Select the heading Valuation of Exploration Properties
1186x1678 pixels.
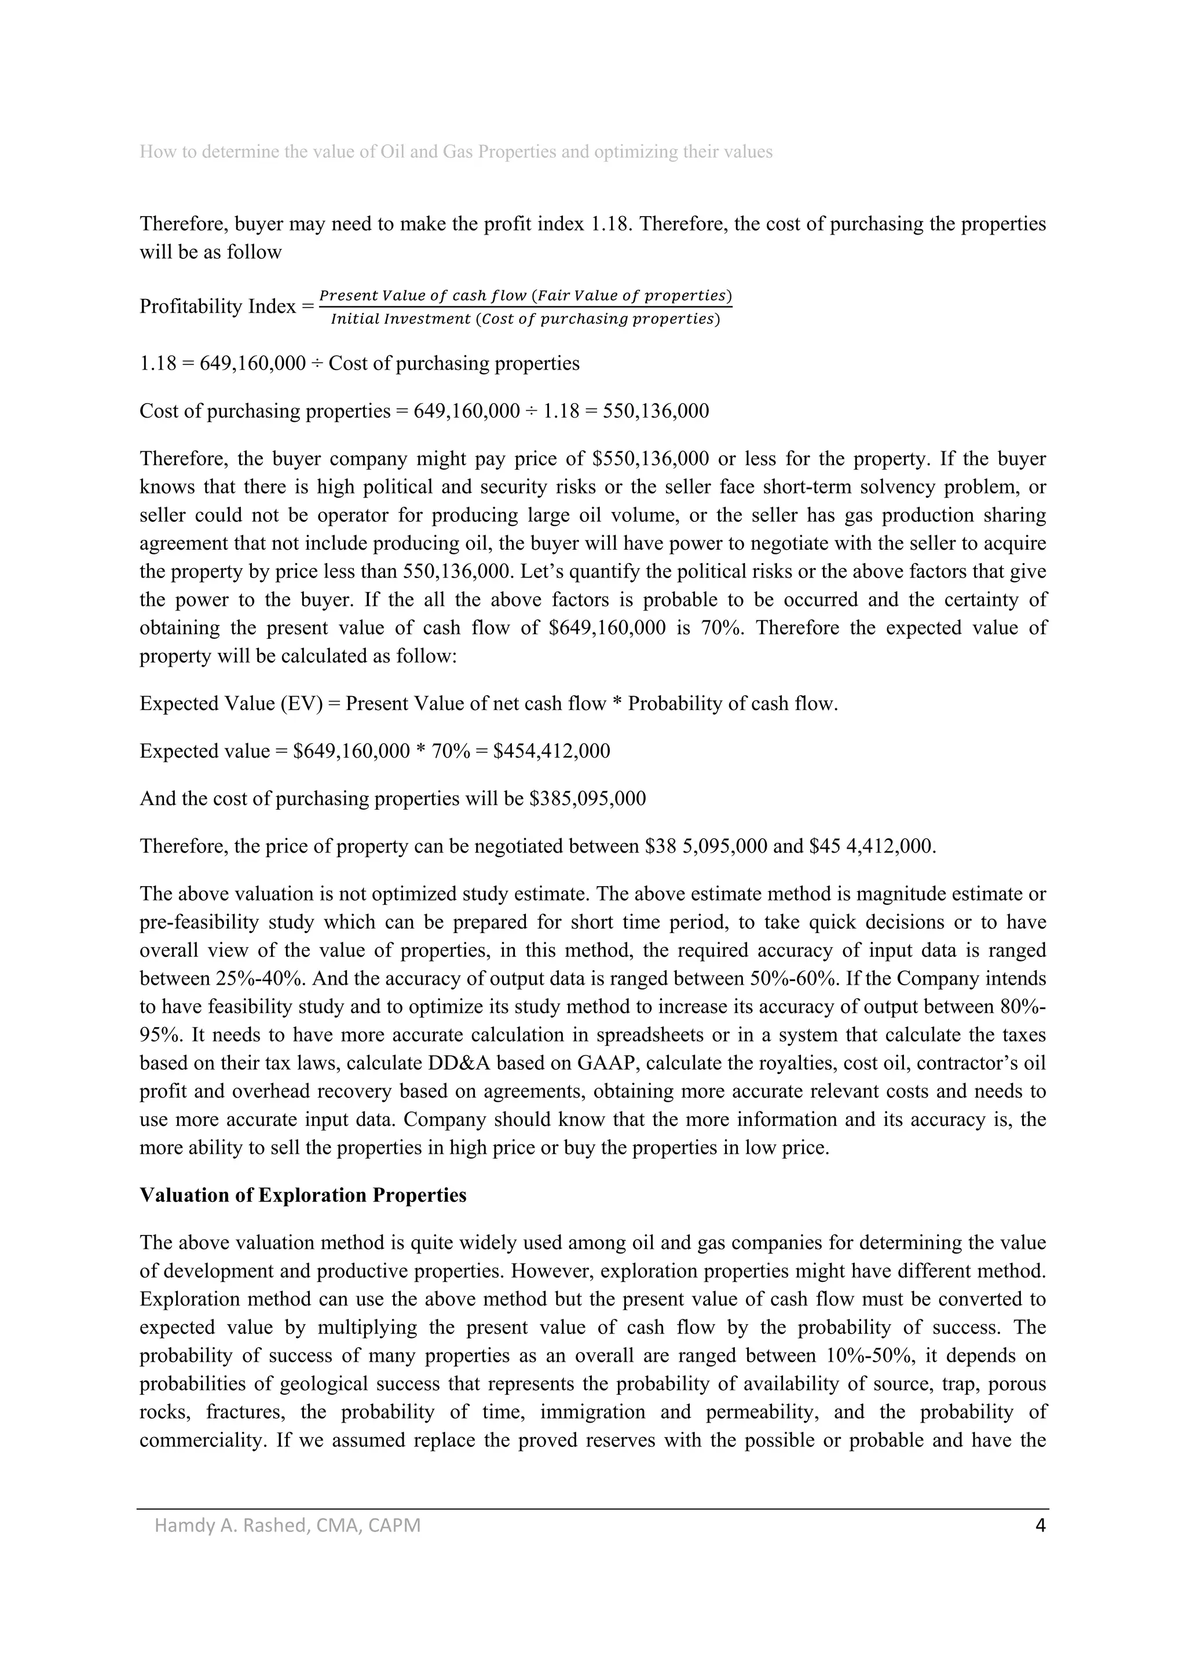tap(302, 1195)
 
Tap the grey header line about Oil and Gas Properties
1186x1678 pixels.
tap(455, 152)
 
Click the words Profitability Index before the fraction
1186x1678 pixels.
tap(217, 306)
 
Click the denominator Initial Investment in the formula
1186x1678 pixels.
tap(400, 319)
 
